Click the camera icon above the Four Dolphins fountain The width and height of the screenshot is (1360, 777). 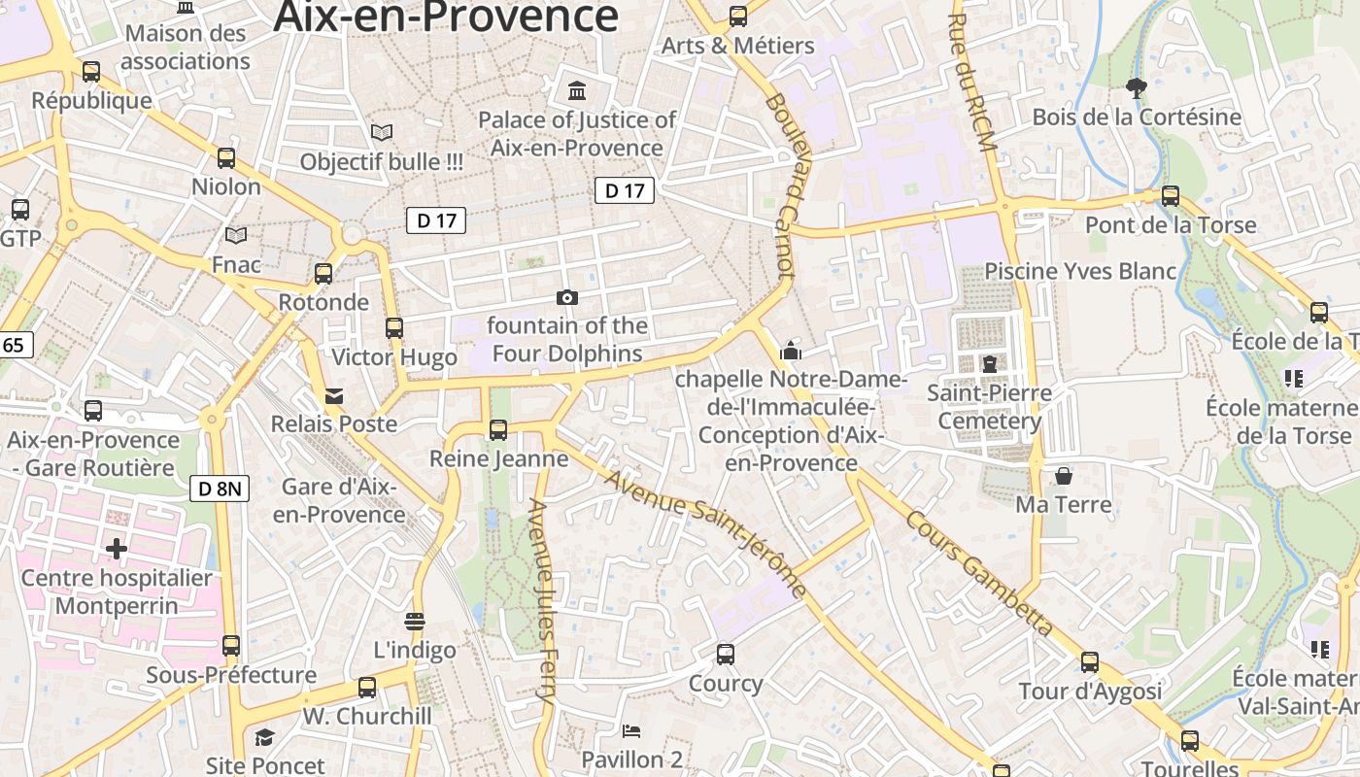coord(567,297)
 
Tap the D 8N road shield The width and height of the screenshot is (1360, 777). coord(220,489)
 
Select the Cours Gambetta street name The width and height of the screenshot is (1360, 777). coord(979,574)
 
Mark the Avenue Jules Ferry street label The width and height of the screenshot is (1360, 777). coord(541,602)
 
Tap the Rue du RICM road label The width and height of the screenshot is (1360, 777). coord(972,83)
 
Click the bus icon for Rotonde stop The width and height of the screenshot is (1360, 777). coord(323,274)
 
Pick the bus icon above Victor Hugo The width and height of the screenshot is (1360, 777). coord(393,328)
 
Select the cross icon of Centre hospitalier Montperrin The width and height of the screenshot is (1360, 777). coord(117,549)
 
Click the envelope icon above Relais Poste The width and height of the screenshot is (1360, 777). coord(334,395)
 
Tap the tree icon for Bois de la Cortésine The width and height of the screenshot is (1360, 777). coord(1136,88)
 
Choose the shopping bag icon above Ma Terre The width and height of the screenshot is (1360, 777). coord(1064,476)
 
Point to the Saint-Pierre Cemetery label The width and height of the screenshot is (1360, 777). coord(989,407)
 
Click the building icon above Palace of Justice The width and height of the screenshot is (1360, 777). coord(577,91)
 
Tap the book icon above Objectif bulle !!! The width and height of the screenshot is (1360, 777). coord(382,132)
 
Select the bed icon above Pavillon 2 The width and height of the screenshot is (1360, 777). coord(631,730)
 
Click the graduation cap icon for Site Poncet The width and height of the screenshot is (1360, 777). coord(264,738)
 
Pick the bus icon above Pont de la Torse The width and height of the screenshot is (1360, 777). coord(1171,196)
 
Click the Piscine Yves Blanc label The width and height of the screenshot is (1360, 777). coord(1080,271)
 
